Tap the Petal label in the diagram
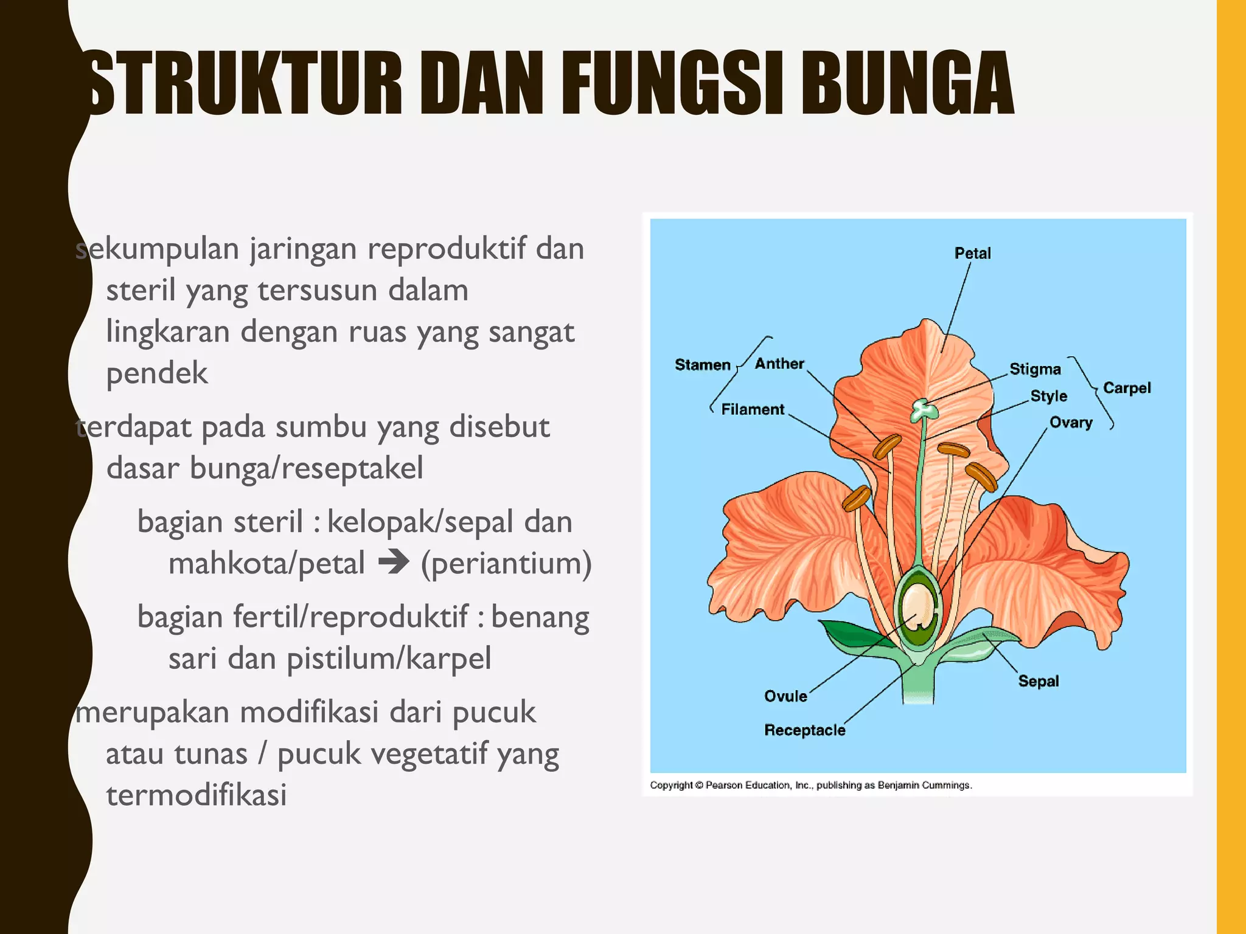(972, 253)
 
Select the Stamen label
(702, 365)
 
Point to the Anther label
(779, 364)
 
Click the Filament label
(753, 409)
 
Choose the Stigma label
(1035, 369)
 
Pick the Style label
(1048, 396)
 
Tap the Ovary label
(1071, 422)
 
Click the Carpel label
(1127, 388)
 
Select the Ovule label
(785, 696)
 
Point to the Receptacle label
(804, 730)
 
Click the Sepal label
(1039, 681)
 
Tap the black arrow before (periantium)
(394, 562)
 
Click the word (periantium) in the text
(506, 563)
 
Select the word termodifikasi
(196, 795)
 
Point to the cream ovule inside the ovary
(917, 607)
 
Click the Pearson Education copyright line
(810, 785)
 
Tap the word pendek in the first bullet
(157, 373)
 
